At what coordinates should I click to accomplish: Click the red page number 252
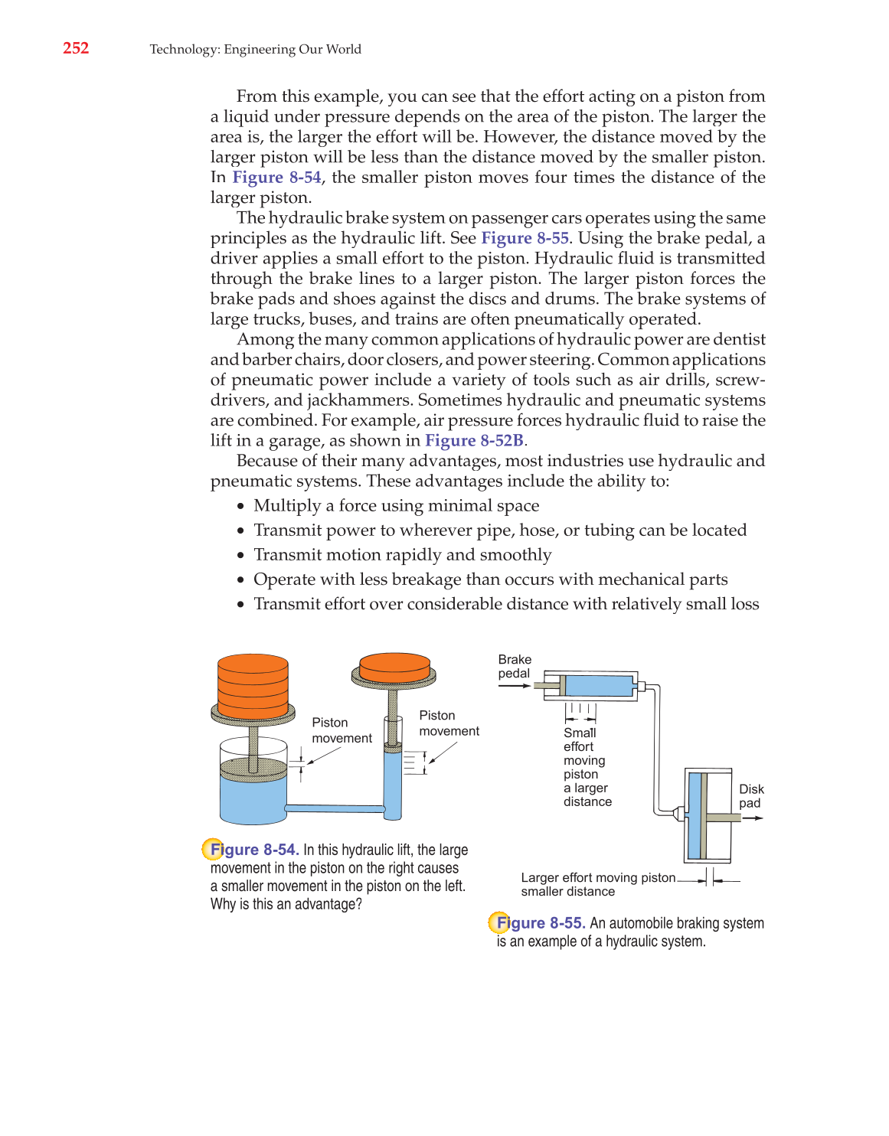click(76, 48)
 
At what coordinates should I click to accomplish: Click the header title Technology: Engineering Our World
click(255, 49)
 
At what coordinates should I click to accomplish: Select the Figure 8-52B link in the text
click(474, 441)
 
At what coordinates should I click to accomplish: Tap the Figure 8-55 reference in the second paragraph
click(525, 238)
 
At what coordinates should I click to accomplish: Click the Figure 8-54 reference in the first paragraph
click(276, 178)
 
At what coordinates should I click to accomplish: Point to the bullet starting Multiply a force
click(396, 506)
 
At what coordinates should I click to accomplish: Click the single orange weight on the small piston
click(394, 666)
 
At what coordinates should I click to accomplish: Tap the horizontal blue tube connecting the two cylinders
click(335, 808)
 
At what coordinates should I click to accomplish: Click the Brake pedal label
click(515, 666)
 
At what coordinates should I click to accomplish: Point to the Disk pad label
click(750, 796)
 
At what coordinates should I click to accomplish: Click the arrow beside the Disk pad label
click(753, 818)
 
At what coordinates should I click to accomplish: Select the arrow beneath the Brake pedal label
click(515, 686)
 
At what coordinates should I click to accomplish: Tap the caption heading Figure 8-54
click(253, 850)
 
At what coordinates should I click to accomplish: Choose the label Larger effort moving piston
click(598, 878)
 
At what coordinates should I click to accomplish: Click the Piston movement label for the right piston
click(449, 723)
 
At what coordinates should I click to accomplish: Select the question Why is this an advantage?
click(286, 904)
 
